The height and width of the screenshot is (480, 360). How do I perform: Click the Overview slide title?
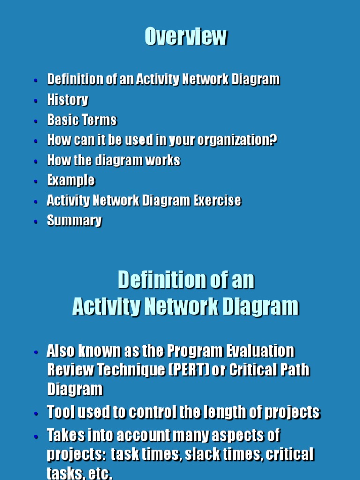pyautogui.click(x=186, y=37)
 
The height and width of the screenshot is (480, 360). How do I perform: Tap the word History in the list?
pyautogui.click(x=67, y=100)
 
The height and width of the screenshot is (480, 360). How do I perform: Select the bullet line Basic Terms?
pyautogui.click(x=82, y=120)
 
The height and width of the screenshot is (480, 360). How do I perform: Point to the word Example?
pyautogui.click(x=71, y=180)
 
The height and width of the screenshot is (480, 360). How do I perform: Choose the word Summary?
pyautogui.click(x=74, y=221)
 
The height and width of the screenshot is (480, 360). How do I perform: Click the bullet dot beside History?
pyautogui.click(x=36, y=101)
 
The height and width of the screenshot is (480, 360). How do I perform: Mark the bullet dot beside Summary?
pyautogui.click(x=36, y=222)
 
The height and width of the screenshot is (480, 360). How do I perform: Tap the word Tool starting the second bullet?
pyautogui.click(x=62, y=412)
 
